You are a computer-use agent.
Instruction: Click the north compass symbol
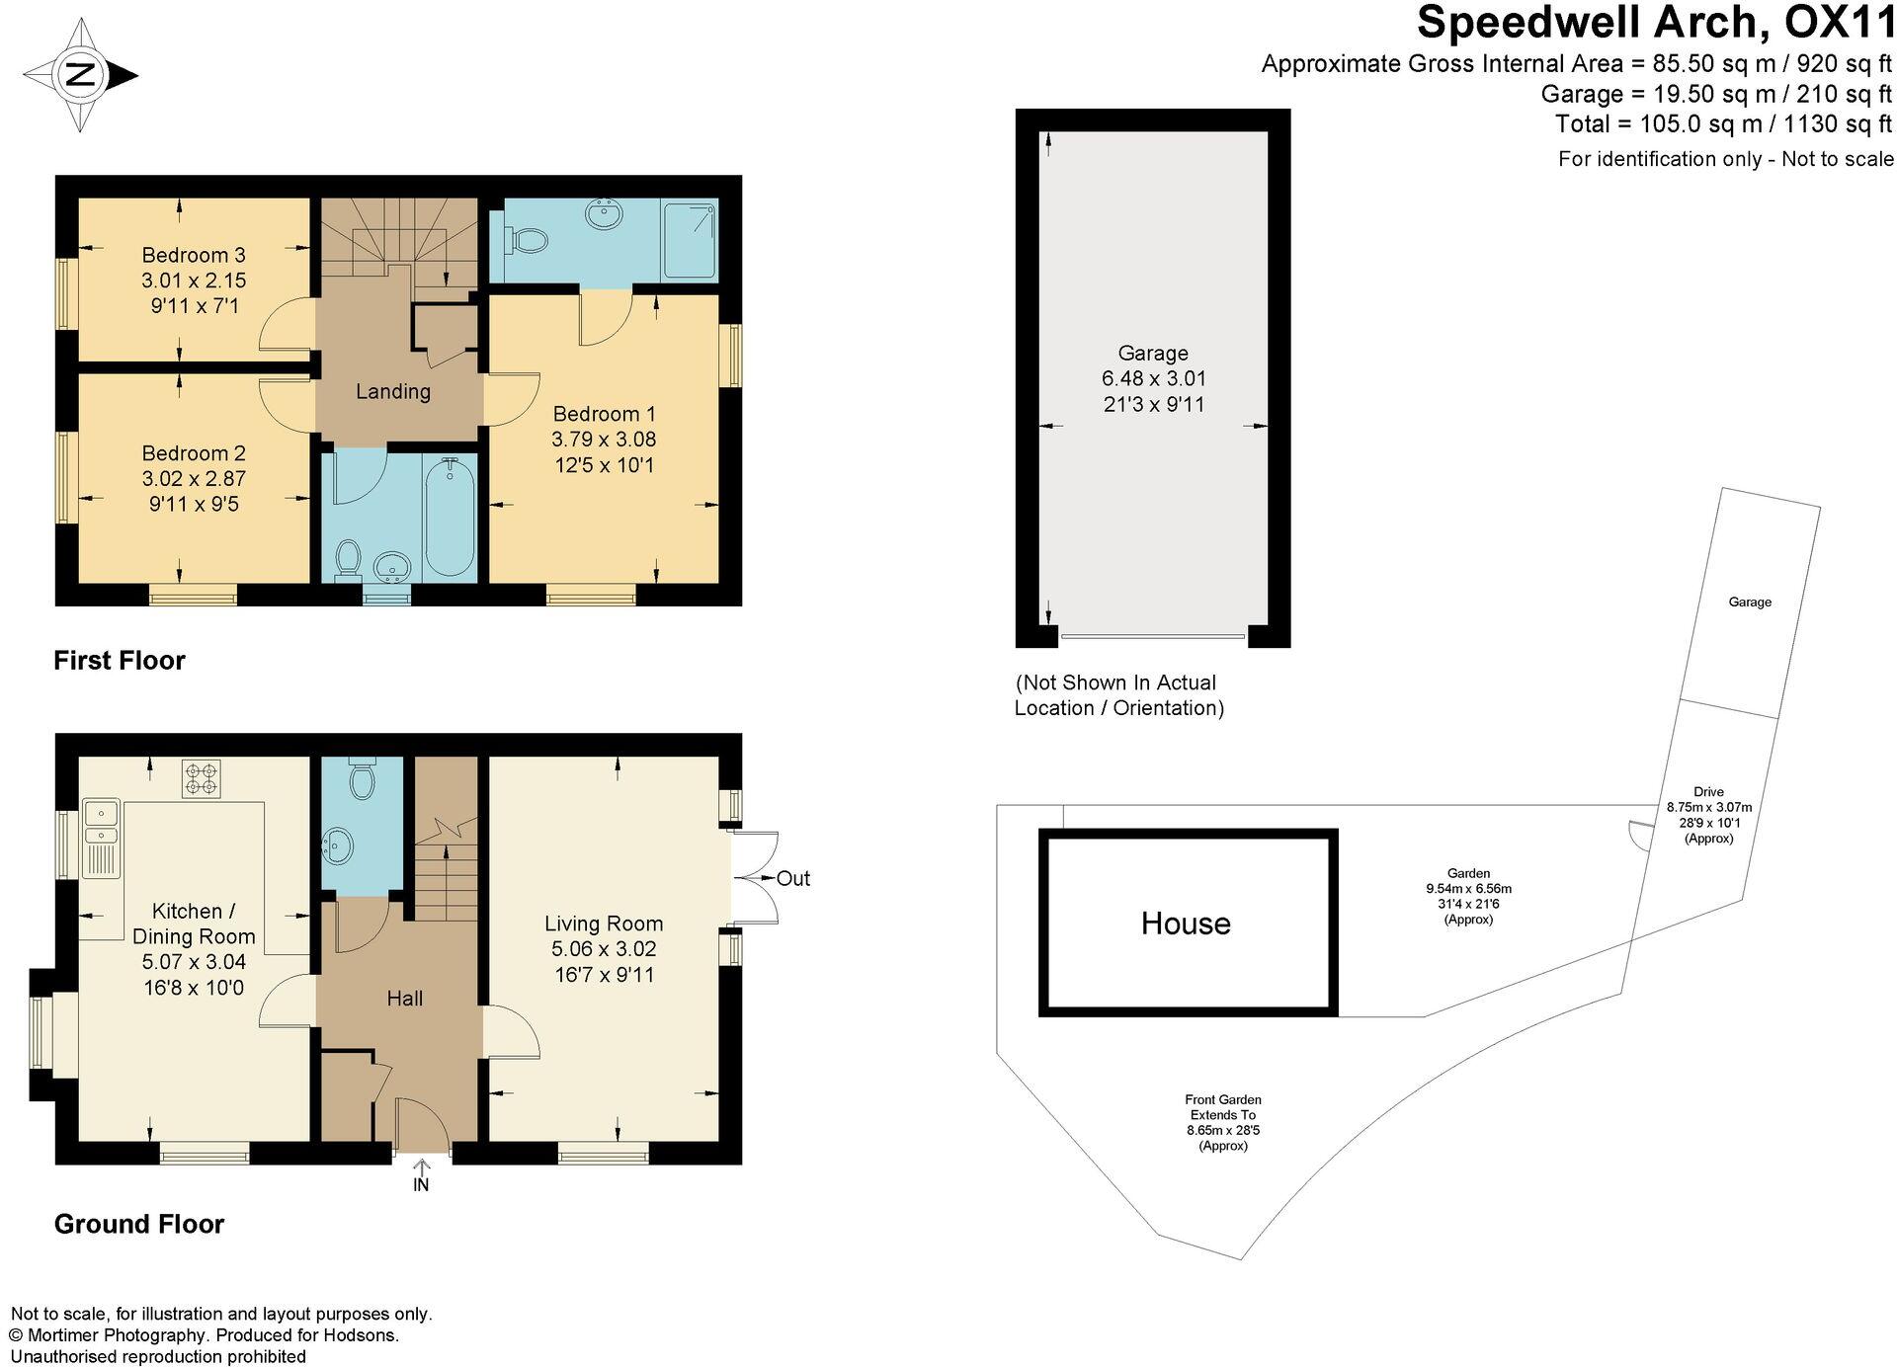pyautogui.click(x=80, y=75)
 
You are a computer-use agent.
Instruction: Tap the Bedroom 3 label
pyautogui.click(x=194, y=255)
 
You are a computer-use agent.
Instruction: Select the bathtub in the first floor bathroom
pyautogui.click(x=450, y=519)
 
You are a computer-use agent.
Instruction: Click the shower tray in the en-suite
pyautogui.click(x=690, y=240)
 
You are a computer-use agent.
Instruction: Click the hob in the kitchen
pyautogui.click(x=201, y=778)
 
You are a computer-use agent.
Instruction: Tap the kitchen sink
pyautogui.click(x=102, y=825)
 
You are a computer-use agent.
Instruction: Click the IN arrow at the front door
pyautogui.click(x=421, y=1175)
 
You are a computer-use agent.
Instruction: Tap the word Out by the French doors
pyautogui.click(x=793, y=878)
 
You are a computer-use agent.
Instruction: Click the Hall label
pyautogui.click(x=404, y=999)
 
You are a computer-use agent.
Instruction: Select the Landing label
pyautogui.click(x=393, y=391)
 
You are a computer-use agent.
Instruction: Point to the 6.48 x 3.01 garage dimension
pyautogui.click(x=1153, y=378)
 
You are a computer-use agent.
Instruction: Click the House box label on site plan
pyautogui.click(x=1186, y=924)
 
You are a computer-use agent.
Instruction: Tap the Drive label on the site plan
pyautogui.click(x=1708, y=791)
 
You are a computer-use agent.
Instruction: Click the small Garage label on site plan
pyautogui.click(x=1749, y=602)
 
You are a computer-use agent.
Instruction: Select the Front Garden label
pyautogui.click(x=1223, y=1099)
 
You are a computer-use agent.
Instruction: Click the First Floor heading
pyautogui.click(x=120, y=660)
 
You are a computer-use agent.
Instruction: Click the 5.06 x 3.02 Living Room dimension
pyautogui.click(x=603, y=949)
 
